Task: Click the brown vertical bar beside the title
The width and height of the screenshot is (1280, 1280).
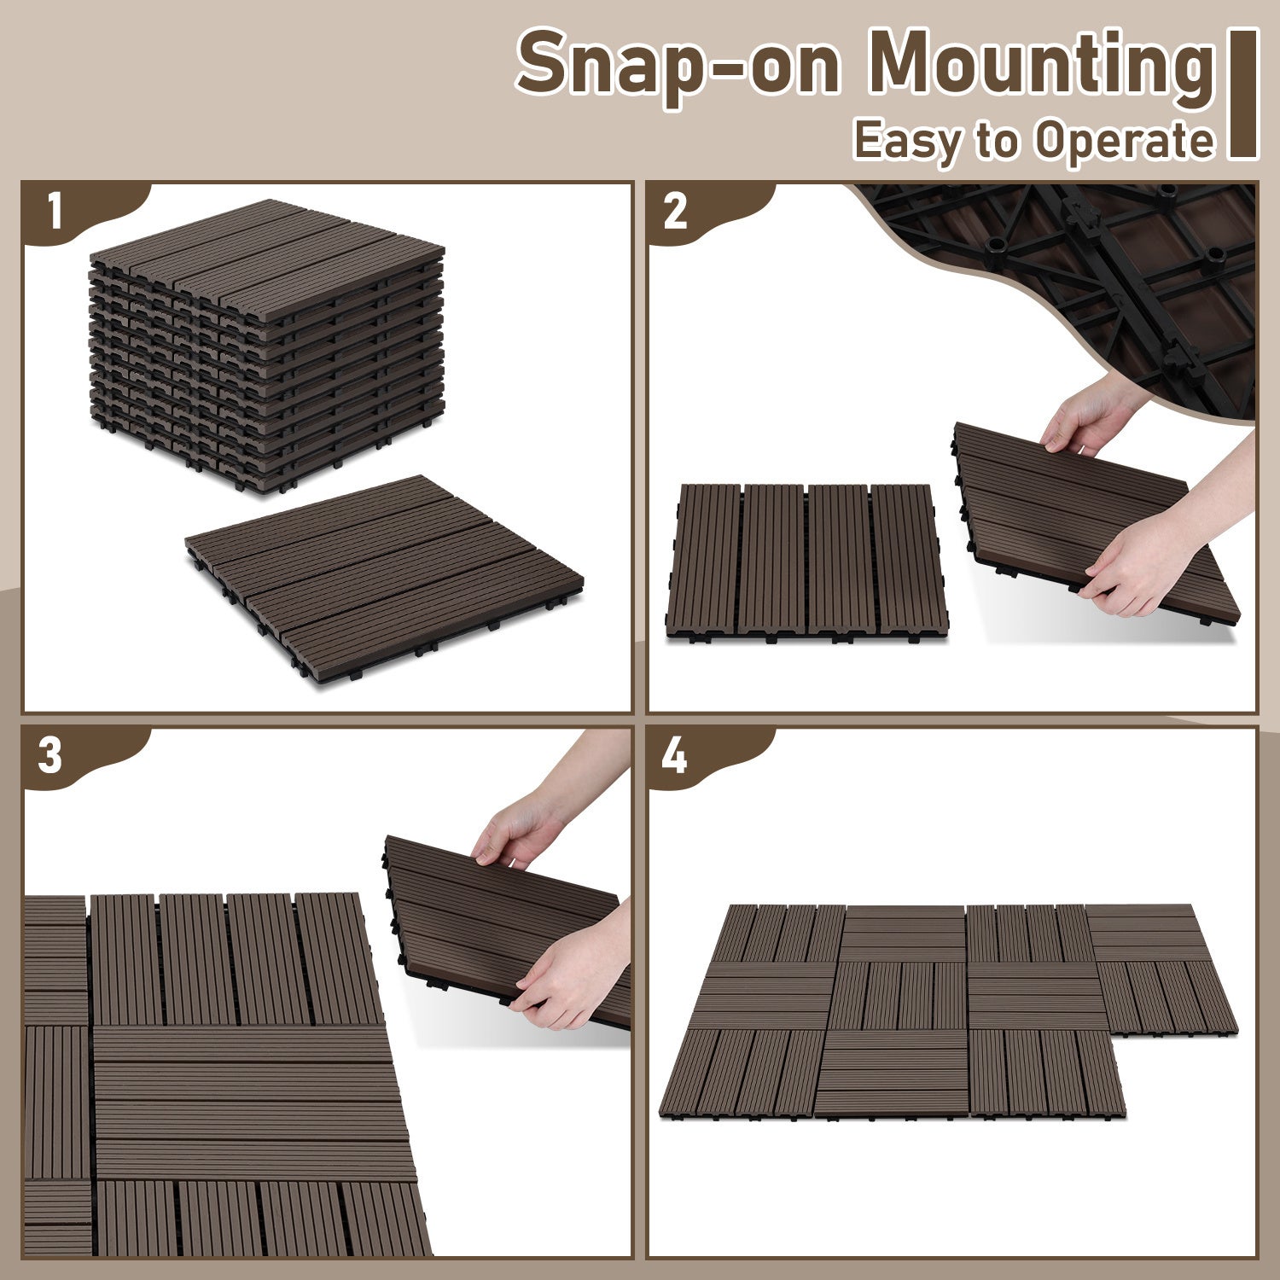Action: (x=1242, y=94)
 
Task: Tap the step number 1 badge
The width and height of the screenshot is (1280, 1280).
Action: (x=55, y=211)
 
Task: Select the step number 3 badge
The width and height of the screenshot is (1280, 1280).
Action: (x=51, y=756)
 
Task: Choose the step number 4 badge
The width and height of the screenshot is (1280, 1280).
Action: (x=674, y=756)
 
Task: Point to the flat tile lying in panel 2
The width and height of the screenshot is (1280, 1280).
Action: (x=806, y=559)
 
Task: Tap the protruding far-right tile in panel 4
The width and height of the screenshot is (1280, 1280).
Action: (x=1165, y=973)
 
